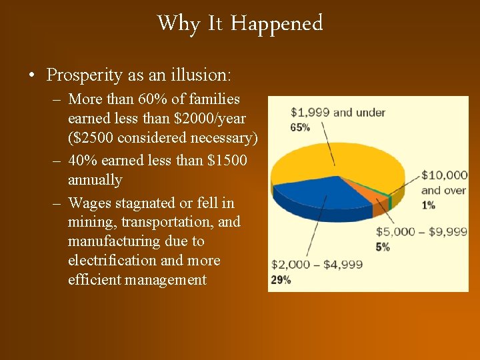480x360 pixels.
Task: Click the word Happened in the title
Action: [x=277, y=23]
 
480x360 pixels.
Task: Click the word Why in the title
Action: [x=178, y=23]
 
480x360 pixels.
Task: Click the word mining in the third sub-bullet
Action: [x=90, y=222]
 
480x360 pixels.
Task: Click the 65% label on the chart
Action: [x=301, y=127]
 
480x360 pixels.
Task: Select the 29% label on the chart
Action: [x=281, y=280]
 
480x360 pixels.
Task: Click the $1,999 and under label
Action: [x=338, y=112]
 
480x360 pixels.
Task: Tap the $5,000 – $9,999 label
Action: [x=421, y=232]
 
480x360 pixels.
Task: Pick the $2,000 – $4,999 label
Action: [x=317, y=265]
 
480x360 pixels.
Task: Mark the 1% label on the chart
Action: [x=428, y=205]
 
